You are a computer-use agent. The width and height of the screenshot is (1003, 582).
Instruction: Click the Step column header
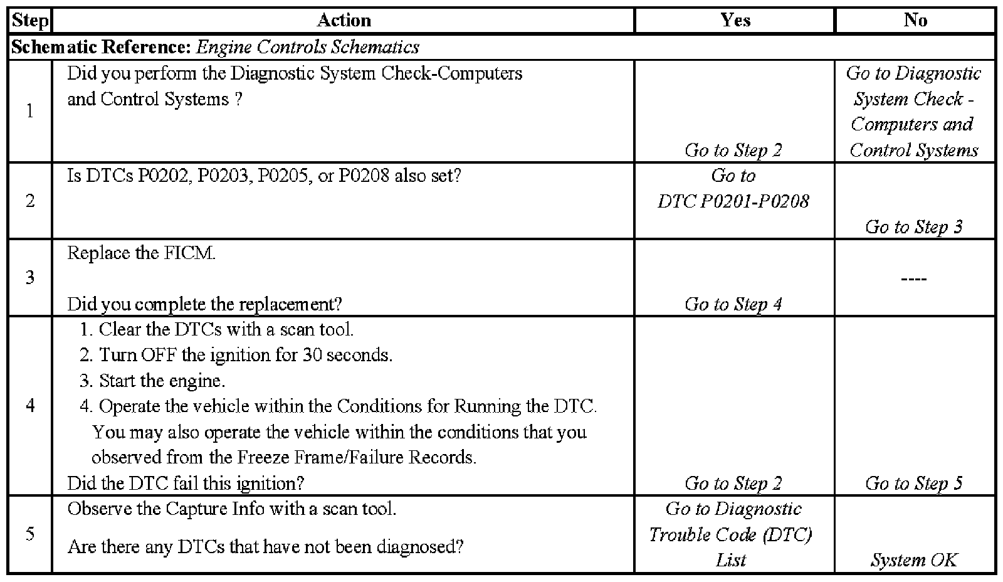click(29, 21)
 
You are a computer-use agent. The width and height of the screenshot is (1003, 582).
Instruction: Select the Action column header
click(344, 21)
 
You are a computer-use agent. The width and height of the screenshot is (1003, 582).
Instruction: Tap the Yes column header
click(735, 21)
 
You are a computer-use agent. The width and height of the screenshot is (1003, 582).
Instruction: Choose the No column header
click(915, 21)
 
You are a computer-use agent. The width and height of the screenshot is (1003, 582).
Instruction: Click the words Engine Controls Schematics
click(307, 47)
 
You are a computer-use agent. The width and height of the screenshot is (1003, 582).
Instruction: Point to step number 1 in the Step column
click(29, 112)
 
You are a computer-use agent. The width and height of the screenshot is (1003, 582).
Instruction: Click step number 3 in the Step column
click(29, 277)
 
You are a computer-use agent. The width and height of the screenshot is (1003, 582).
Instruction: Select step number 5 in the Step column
click(29, 534)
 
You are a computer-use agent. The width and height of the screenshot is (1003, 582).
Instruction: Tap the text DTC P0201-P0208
click(733, 201)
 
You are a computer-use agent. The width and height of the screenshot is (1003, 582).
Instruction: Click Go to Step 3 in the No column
click(914, 226)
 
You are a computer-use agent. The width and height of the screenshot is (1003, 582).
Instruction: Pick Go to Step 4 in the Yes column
click(733, 304)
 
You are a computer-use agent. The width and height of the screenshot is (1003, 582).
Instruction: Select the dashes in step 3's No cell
click(914, 278)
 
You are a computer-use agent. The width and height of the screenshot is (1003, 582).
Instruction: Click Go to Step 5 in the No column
click(914, 483)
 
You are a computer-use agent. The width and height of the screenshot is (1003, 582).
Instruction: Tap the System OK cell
click(914, 560)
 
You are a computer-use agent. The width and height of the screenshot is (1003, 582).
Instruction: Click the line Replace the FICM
click(141, 253)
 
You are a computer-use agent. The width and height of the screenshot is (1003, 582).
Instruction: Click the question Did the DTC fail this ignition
click(186, 483)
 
